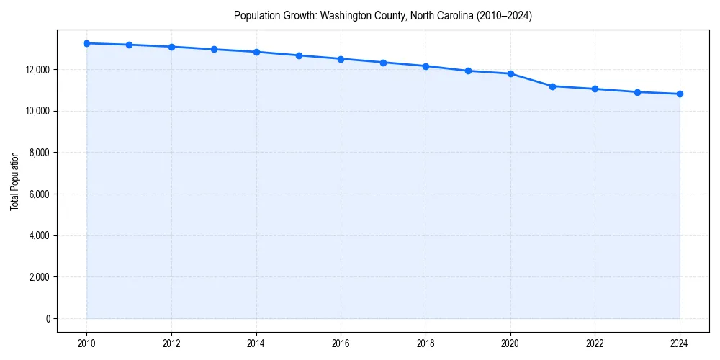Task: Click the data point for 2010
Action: tap(86, 43)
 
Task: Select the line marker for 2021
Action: tap(552, 86)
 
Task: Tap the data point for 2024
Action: tap(680, 94)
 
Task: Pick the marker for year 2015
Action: tap(299, 55)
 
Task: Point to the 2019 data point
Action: tap(468, 71)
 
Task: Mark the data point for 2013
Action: tap(214, 49)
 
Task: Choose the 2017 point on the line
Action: tap(383, 63)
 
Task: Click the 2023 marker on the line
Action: tap(637, 92)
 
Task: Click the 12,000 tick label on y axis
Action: tap(36, 70)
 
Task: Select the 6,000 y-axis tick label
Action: tap(38, 194)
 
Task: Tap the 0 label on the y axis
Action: tap(48, 319)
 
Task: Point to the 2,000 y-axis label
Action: tap(38, 277)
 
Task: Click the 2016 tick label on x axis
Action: tap(341, 343)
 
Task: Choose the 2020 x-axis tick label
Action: tap(510, 343)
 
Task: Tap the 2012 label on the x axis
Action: tap(171, 343)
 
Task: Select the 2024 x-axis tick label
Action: tap(680, 343)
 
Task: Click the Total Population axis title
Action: tap(15, 181)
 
